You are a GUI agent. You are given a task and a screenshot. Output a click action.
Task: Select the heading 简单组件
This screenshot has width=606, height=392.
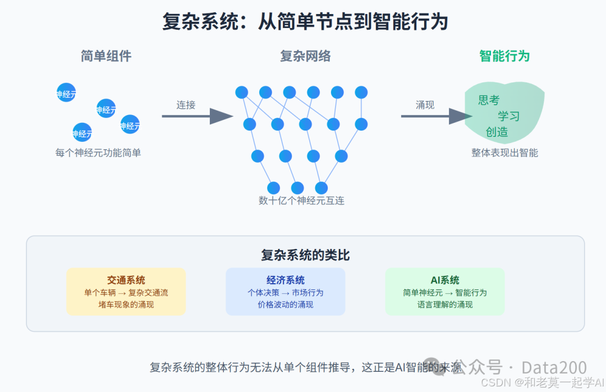[106, 56]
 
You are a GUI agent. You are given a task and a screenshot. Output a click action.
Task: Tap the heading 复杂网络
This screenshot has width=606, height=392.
[305, 56]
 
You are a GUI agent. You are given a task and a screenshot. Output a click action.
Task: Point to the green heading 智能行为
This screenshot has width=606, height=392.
[504, 56]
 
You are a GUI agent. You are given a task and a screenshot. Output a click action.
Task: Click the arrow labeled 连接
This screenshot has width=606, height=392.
[197, 116]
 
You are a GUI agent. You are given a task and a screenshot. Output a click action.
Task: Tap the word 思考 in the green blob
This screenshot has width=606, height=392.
[489, 100]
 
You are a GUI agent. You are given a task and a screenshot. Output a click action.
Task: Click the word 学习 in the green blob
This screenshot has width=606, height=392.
[509, 116]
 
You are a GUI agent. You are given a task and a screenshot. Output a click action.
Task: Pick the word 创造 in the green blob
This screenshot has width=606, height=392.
[497, 132]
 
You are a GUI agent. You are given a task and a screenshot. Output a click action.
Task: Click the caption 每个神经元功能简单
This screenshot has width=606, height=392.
[98, 153]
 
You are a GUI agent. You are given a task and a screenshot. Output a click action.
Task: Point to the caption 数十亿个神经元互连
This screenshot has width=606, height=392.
[301, 200]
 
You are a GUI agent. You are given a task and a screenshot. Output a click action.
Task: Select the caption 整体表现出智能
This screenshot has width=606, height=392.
[504, 153]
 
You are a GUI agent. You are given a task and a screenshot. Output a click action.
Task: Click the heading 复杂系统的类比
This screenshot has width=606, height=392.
[305, 255]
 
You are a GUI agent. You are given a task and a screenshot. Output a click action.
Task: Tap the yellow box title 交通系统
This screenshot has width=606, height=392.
[126, 280]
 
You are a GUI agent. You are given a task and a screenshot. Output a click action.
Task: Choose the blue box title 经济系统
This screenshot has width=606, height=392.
[286, 280]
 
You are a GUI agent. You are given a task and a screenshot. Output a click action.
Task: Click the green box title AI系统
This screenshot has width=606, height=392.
[445, 280]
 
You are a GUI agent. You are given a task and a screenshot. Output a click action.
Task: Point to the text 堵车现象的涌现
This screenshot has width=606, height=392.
[126, 305]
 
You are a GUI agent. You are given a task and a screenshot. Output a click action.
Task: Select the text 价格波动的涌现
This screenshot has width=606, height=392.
[286, 305]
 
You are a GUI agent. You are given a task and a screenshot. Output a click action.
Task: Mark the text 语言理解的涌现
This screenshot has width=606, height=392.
[445, 305]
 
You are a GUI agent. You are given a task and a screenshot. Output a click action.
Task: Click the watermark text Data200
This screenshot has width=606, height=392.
[554, 368]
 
